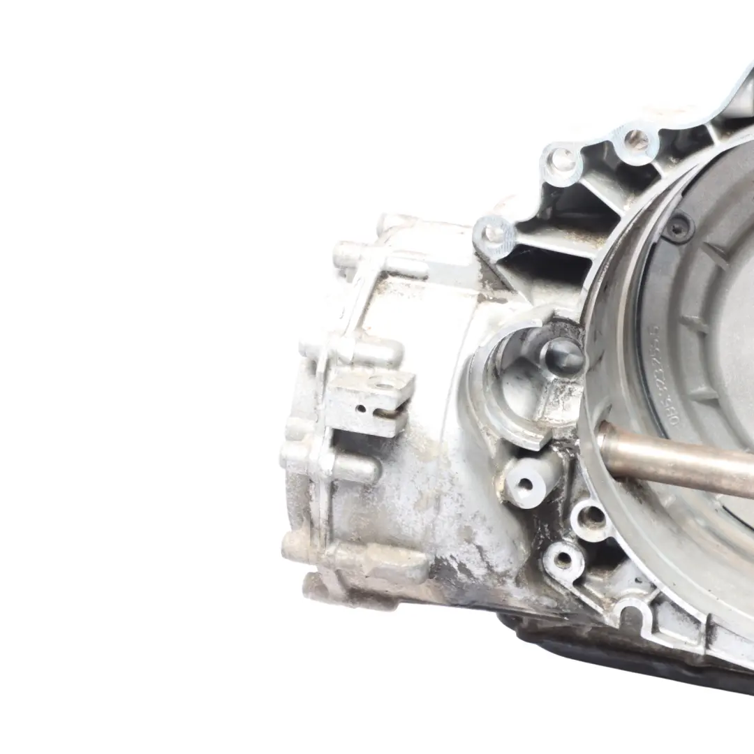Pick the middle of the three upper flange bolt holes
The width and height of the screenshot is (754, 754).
tap(563, 163)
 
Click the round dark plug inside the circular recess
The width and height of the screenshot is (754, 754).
tap(562, 356)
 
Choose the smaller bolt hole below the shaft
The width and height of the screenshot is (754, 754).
tap(562, 559)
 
